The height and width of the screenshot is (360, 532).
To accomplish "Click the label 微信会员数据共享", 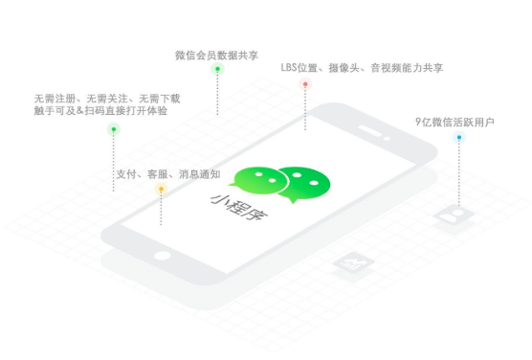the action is pos(216,55).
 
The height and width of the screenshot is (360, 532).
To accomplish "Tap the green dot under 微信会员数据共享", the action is pos(217,69).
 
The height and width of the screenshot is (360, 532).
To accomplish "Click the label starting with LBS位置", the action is pos(362,68).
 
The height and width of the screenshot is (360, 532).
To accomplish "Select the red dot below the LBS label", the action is pos(305,84).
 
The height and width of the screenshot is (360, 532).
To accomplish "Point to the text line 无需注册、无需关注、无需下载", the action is pos(106,99).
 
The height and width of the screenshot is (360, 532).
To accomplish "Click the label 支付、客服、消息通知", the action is pos(167,174).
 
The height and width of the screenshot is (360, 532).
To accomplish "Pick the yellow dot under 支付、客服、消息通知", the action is pos(162,190).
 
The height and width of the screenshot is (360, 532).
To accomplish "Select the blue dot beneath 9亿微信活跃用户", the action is pos(459,138).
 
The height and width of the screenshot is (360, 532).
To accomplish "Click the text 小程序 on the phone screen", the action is pos(239,205).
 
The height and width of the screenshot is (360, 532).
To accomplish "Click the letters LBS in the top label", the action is pos(291,68).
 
